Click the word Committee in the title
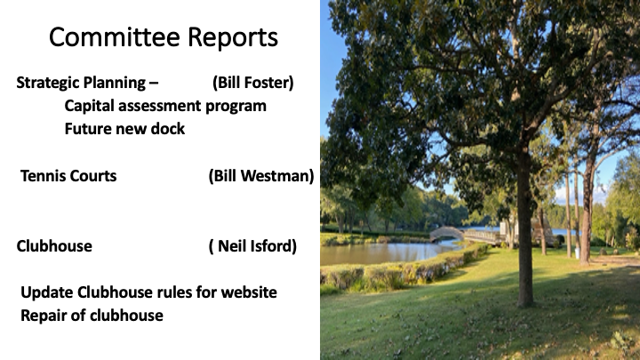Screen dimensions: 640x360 (x=115, y=37)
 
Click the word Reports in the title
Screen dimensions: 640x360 (x=233, y=38)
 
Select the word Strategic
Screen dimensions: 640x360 (x=47, y=83)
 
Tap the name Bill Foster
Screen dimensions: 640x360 (x=253, y=83)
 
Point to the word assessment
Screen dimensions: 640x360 (x=160, y=106)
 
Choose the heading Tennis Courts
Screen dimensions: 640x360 (x=68, y=176)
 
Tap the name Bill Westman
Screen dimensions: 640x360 (x=261, y=176)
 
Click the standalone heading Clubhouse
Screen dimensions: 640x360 (x=54, y=246)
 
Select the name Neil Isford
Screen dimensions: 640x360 (x=252, y=246)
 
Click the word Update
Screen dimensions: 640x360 (x=46, y=293)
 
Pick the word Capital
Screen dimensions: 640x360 (x=90, y=106)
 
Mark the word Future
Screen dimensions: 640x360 (x=88, y=129)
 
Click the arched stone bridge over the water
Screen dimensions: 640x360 (x=446, y=234)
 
